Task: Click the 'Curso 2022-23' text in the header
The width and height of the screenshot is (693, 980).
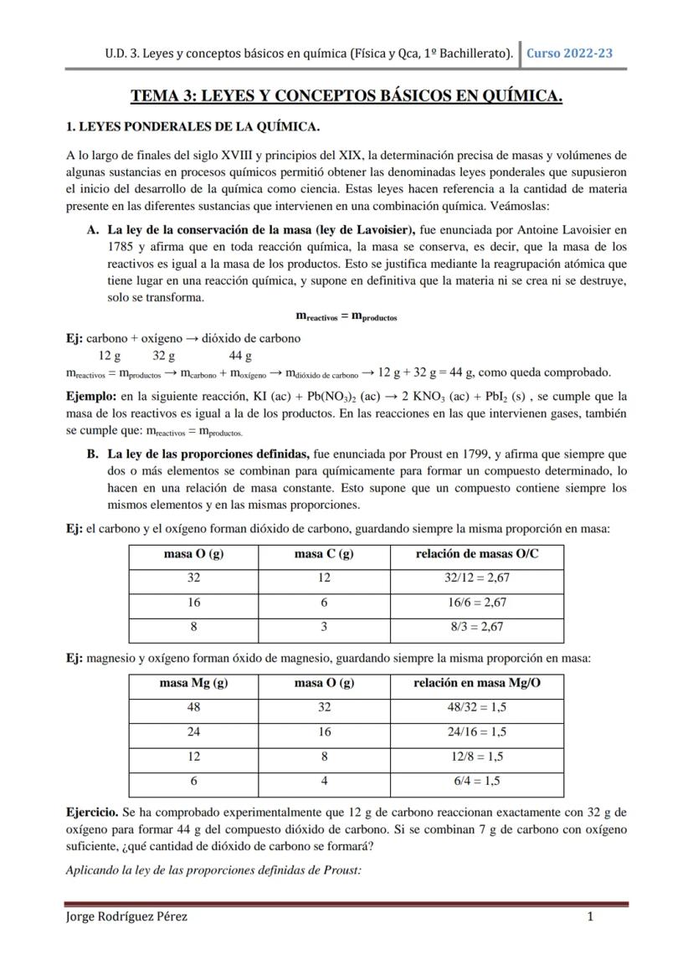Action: click(569, 53)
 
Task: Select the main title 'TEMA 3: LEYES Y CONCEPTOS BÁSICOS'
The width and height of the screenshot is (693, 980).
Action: click(346, 96)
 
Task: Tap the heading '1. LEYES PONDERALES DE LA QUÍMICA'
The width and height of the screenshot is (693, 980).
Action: click(192, 127)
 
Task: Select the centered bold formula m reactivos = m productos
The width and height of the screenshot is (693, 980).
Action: click(346, 316)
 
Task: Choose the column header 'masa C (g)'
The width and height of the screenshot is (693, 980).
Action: click(324, 554)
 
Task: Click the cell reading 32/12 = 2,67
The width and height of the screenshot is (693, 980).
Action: click(476, 577)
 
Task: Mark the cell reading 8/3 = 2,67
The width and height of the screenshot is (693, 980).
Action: click(476, 626)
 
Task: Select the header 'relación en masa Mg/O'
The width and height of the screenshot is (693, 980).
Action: click(476, 683)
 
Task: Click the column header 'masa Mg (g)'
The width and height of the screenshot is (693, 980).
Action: click(193, 683)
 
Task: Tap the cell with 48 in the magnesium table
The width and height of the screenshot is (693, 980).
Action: click(193, 707)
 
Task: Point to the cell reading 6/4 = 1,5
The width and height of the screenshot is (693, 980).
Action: click(476, 781)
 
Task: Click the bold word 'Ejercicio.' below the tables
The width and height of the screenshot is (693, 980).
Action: click(92, 813)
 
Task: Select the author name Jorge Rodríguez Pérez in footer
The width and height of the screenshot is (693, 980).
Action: click(126, 916)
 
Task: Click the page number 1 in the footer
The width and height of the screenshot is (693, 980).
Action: click(590, 916)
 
